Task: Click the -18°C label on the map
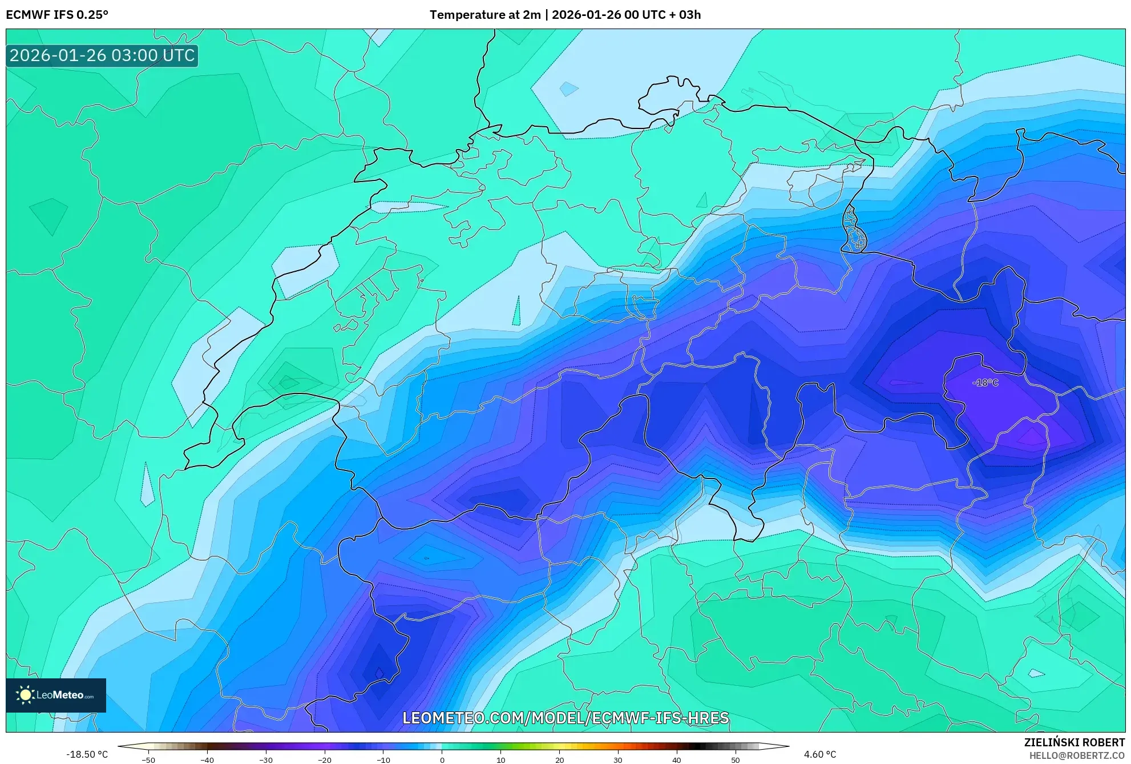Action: click(x=985, y=383)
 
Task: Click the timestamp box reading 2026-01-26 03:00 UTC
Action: click(x=102, y=55)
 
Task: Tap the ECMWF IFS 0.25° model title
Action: click(x=57, y=15)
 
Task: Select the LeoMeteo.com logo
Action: click(x=56, y=695)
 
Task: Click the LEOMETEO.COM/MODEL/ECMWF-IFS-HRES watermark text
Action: click(x=565, y=718)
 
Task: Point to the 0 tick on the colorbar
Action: click(x=442, y=759)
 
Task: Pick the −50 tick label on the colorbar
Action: click(x=148, y=759)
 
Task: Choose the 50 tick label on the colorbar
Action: click(x=736, y=759)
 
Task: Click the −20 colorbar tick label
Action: click(x=324, y=759)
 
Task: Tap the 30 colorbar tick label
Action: click(x=618, y=759)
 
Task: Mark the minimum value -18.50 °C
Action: click(x=87, y=754)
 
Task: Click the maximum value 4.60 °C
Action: click(x=820, y=754)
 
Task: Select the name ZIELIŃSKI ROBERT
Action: click(x=1075, y=742)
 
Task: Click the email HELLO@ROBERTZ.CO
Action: click(x=1077, y=755)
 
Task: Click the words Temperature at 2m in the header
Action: click(x=485, y=15)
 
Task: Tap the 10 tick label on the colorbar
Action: click(x=501, y=759)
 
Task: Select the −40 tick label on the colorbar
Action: click(x=207, y=759)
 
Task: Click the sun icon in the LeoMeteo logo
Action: click(x=25, y=694)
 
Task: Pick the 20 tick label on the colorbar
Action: click(x=559, y=759)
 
